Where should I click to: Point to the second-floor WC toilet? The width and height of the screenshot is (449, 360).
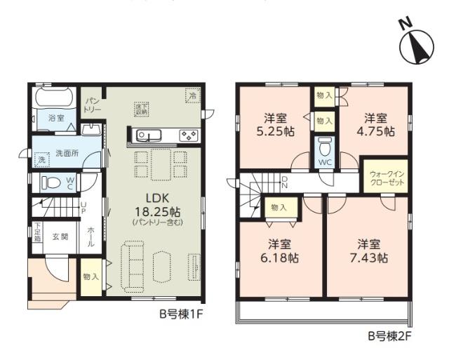coord(323,149)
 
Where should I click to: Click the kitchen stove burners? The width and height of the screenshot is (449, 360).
coord(187,135)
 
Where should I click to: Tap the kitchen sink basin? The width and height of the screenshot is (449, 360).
coord(144,135)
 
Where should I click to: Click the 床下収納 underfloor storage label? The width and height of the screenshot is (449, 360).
coord(142,108)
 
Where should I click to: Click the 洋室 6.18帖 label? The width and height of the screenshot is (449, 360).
coord(281,251)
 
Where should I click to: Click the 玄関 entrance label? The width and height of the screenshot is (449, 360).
coord(60,237)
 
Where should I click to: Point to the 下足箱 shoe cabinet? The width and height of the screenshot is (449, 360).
coord(36,232)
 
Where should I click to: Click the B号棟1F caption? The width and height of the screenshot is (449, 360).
coord(180,314)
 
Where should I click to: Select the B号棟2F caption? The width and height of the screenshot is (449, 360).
coord(390,335)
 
